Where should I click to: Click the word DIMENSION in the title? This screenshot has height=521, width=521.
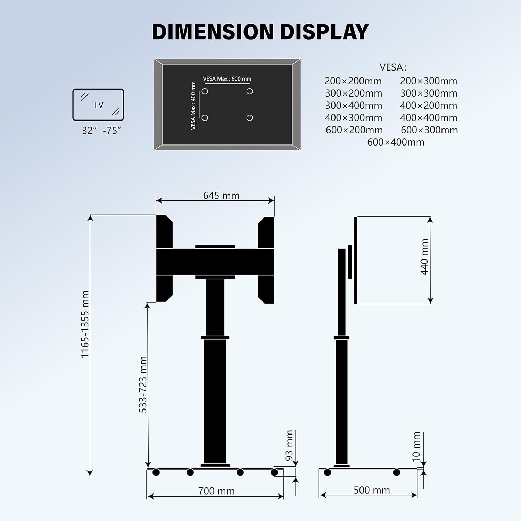click(x=213, y=32)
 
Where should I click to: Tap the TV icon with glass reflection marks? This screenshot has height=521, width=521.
click(x=98, y=105)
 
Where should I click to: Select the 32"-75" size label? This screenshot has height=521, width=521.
click(x=101, y=131)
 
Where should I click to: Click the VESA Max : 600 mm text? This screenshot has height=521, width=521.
click(x=227, y=79)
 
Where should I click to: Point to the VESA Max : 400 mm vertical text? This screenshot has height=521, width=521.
click(x=193, y=106)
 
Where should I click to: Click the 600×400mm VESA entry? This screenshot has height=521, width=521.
click(x=396, y=142)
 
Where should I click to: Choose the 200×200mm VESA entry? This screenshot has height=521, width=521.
click(x=353, y=81)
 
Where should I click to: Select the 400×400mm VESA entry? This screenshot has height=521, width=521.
click(x=428, y=118)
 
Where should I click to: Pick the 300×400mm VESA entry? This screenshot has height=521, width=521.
click(x=353, y=106)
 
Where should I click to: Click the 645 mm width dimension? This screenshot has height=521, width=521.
click(x=221, y=196)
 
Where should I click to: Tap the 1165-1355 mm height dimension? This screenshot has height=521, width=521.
click(x=85, y=324)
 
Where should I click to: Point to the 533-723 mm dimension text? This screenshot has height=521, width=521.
click(x=143, y=384)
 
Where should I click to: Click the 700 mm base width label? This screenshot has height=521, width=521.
click(x=216, y=491)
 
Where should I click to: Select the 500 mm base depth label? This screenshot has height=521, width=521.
click(x=372, y=490)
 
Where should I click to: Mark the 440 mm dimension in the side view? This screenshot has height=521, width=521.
click(x=424, y=257)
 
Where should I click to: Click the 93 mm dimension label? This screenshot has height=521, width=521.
click(x=289, y=445)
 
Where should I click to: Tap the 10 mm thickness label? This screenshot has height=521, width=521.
click(x=416, y=447)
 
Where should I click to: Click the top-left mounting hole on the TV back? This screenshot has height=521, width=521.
click(x=205, y=91)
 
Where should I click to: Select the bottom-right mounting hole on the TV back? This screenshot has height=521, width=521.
click(x=249, y=118)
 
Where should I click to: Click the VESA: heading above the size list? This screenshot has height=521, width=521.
click(x=393, y=67)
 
